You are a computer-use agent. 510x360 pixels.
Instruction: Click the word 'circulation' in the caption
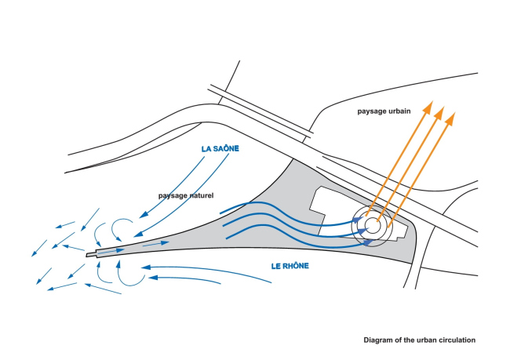click(457, 340)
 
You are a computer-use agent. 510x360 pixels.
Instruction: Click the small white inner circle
click(373, 226)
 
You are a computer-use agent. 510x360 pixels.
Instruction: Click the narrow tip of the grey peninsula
click(92, 253)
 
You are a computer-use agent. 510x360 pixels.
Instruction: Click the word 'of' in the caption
click(403, 340)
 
